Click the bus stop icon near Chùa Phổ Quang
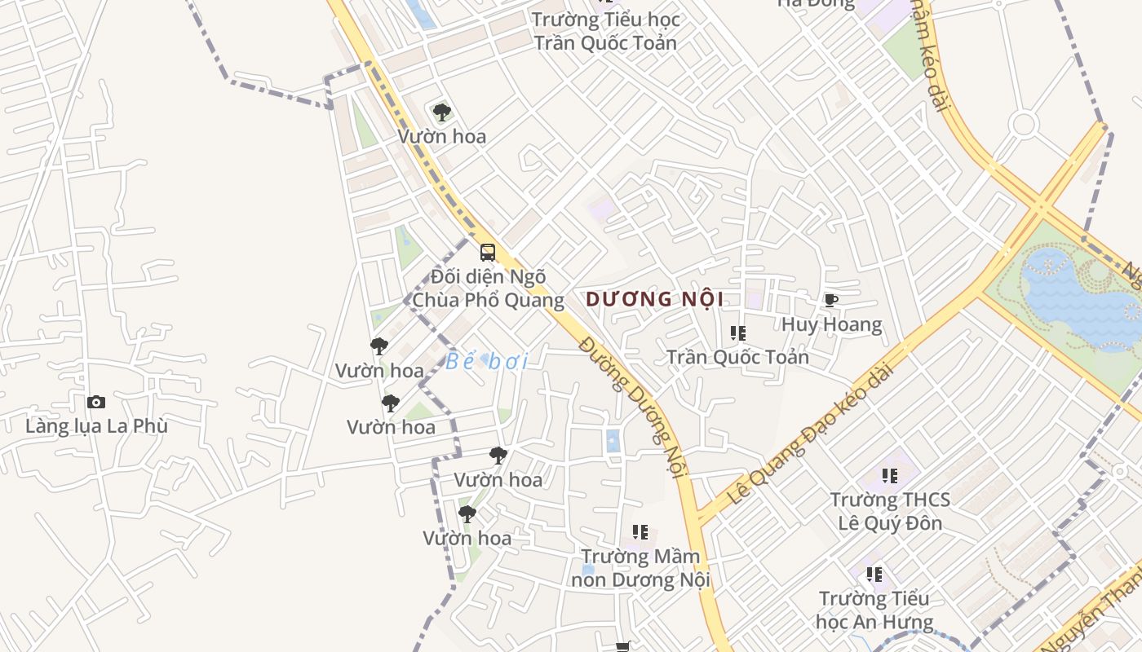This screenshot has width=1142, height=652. (x=487, y=253)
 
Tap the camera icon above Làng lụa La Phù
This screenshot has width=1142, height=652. (x=96, y=402)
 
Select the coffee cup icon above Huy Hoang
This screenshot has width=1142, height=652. (x=830, y=301)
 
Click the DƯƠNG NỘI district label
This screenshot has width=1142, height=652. (x=654, y=299)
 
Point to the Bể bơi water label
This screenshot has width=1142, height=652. (x=487, y=361)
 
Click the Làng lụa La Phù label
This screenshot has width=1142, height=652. (x=96, y=425)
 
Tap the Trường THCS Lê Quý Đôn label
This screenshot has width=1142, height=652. (x=890, y=511)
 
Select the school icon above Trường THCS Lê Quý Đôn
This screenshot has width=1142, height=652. (x=889, y=475)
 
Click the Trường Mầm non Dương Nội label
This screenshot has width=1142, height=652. (x=640, y=568)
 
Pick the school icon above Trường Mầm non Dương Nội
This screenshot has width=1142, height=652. (x=640, y=532)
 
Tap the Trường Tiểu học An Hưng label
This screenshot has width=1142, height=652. (x=874, y=610)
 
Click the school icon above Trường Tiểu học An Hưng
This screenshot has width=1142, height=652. (x=874, y=575)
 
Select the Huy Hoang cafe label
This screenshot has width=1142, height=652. (x=831, y=324)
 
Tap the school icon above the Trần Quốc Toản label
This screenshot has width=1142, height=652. (x=738, y=333)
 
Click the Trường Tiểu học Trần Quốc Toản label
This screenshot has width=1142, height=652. (x=605, y=31)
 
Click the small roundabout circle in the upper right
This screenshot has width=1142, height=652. (x=1023, y=125)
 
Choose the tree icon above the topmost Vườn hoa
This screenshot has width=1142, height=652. (x=441, y=112)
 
